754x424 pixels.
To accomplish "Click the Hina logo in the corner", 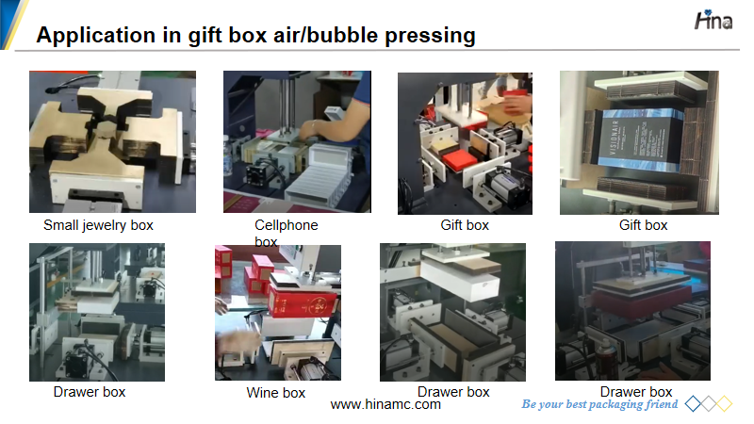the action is click(x=713, y=20).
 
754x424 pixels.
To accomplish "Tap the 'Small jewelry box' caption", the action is click(x=98, y=225).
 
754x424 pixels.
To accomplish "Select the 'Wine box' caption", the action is click(x=276, y=393).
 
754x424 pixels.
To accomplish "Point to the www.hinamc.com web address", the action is click(x=385, y=404).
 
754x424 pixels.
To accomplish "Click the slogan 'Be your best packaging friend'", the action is click(x=599, y=404).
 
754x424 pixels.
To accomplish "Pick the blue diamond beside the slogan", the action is click(x=693, y=404).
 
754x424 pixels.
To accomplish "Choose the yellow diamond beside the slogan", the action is click(x=724, y=404).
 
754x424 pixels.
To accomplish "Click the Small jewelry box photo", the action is click(x=112, y=142).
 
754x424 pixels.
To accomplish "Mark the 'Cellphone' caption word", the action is click(x=287, y=225).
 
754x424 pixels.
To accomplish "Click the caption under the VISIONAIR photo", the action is click(x=643, y=225).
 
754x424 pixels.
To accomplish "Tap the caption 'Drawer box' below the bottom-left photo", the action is click(x=90, y=392).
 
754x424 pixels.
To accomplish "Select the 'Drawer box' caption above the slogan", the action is click(x=636, y=392).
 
